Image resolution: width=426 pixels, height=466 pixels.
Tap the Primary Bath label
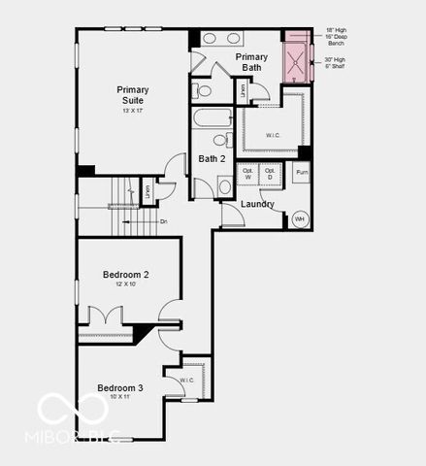pyautogui.click(x=251, y=62)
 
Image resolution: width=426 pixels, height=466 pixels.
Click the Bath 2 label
pyautogui.click(x=213, y=158)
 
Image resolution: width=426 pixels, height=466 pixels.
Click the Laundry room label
pyautogui.click(x=257, y=204)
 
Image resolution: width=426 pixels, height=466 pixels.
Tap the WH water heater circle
pyautogui.click(x=300, y=218)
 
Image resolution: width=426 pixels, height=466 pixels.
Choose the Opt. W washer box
pyautogui.click(x=248, y=175)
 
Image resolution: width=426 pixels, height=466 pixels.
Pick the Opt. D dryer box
pyautogui.click(x=271, y=175)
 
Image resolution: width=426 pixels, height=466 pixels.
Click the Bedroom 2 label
pyautogui.click(x=125, y=275)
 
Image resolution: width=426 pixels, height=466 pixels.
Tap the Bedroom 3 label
pyautogui.click(x=120, y=387)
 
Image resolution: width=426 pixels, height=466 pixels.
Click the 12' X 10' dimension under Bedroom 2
pyautogui.click(x=125, y=285)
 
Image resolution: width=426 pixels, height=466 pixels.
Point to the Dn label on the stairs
pyautogui.click(x=164, y=222)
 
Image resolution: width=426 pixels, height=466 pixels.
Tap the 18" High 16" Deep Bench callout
pyautogui.click(x=335, y=37)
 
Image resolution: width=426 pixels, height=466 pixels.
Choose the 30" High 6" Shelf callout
pyautogui.click(x=334, y=63)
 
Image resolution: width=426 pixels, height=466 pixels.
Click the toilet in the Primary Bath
pyautogui.click(x=204, y=90)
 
